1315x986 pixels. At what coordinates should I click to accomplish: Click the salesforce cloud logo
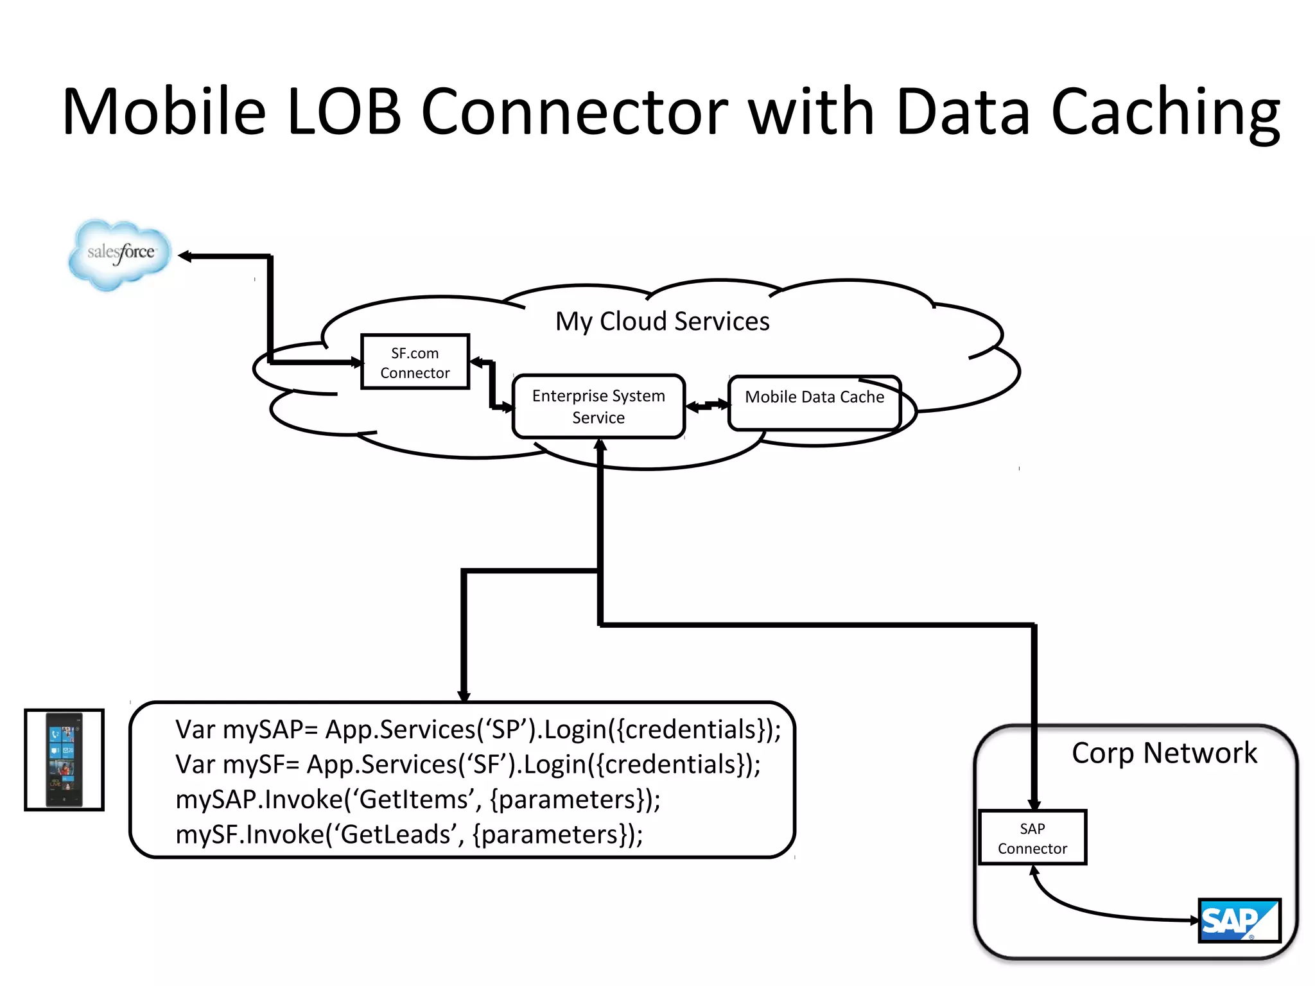tap(120, 254)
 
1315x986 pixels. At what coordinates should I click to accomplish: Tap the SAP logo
tap(1239, 921)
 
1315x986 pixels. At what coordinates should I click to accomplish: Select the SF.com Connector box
tap(415, 362)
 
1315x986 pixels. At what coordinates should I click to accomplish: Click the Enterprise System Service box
tap(598, 406)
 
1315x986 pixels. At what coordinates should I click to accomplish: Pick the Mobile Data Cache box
tap(814, 402)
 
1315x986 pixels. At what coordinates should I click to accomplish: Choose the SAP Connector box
tap(1032, 838)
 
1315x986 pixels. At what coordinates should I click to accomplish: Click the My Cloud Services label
tap(662, 321)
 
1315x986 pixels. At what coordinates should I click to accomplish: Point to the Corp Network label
tap(1163, 752)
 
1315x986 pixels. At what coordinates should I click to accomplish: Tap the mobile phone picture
tap(64, 759)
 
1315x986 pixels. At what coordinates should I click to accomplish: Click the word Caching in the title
tap(1165, 112)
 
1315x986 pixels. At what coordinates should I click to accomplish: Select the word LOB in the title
tap(344, 112)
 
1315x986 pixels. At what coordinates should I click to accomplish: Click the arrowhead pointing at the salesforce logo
tap(186, 256)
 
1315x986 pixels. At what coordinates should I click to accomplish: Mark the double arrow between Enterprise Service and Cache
tap(707, 405)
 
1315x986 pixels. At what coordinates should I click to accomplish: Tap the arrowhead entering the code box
tap(464, 695)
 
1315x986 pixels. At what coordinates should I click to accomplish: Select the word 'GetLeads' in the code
tap(398, 835)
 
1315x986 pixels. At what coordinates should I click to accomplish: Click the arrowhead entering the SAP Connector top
tap(1034, 804)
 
